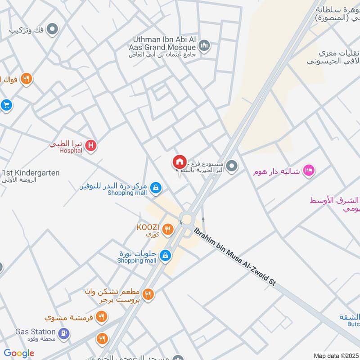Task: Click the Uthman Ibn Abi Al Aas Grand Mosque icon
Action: coord(204,46)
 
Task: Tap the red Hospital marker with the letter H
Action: coord(91,146)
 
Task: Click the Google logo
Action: coord(19,353)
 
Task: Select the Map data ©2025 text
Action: coord(336,355)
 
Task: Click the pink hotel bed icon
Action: coord(309,171)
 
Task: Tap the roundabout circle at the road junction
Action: coord(185,220)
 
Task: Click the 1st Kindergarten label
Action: coord(31,173)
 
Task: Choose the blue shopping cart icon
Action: coord(6,105)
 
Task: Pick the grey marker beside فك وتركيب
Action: coord(53,30)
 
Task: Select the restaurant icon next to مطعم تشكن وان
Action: coord(148,295)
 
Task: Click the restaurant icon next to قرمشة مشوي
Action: coord(101,317)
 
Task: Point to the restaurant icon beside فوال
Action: coord(26,79)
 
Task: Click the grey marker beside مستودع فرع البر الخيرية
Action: coord(232,166)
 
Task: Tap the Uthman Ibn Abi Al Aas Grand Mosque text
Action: coord(164,43)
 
